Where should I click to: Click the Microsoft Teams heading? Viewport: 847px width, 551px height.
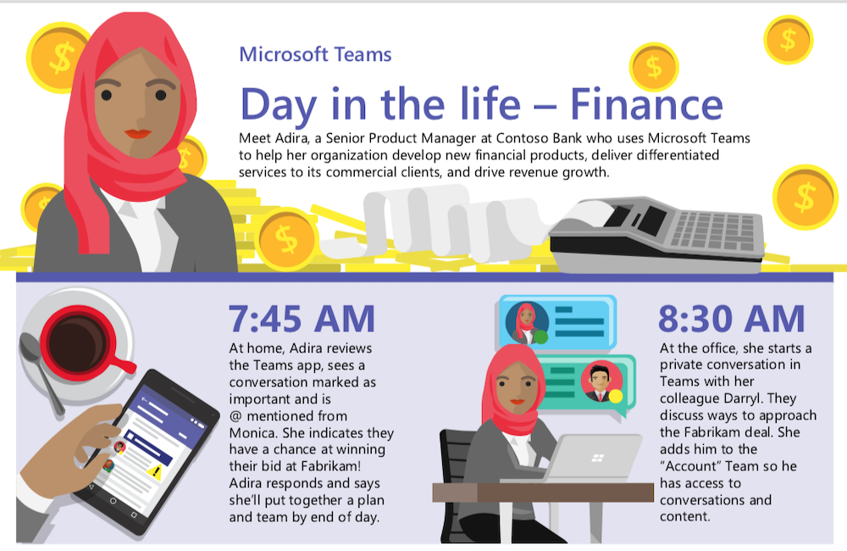(315, 54)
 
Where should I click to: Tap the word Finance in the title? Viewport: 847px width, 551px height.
(646, 103)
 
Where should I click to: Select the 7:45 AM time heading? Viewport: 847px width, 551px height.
(302, 319)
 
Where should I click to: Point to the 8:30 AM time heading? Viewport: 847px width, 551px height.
(732, 319)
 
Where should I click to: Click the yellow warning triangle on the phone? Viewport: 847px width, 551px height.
(155, 471)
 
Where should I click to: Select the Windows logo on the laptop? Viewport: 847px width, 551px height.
(597, 459)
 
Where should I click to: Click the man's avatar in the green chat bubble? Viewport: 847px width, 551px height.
(601, 381)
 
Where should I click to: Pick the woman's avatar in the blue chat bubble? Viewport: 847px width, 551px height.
(526, 323)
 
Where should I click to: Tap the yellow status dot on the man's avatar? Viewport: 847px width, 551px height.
(616, 397)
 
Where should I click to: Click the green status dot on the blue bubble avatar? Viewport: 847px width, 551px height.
(540, 337)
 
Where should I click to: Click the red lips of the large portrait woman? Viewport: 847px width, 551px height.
(137, 133)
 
